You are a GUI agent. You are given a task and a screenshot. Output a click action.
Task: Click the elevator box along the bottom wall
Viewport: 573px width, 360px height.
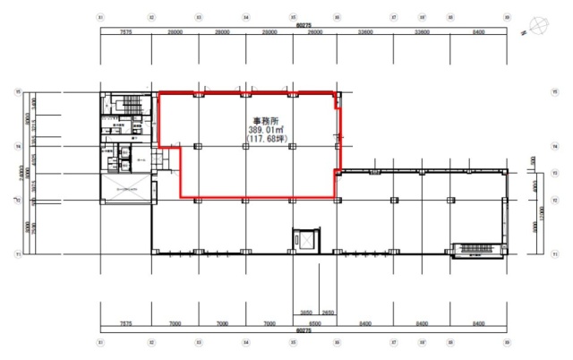point(304,240)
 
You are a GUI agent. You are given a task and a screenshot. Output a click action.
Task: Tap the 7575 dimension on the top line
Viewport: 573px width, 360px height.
point(125,32)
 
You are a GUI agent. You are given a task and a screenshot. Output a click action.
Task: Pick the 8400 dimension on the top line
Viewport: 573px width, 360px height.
point(479,32)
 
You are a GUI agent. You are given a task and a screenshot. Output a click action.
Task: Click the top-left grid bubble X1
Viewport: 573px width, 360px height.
point(100,17)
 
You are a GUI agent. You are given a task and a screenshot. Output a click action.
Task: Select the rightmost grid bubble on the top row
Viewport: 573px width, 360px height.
point(507,17)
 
